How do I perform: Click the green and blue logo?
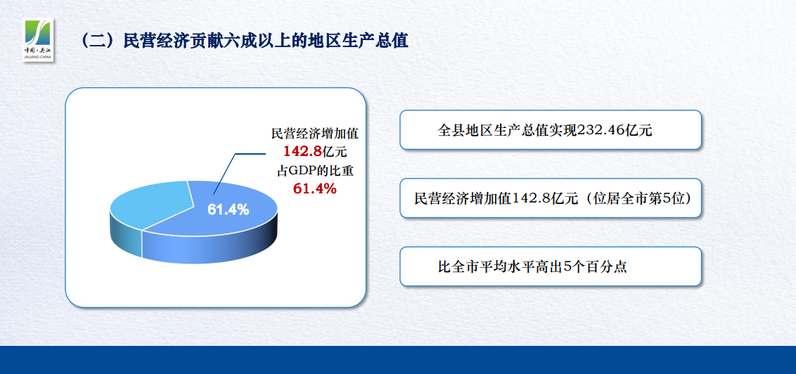(x=38, y=40)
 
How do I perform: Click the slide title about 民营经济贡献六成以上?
(x=244, y=41)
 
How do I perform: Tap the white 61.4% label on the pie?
(x=228, y=209)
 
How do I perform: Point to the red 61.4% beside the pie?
(x=315, y=189)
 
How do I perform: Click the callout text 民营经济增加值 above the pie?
(x=315, y=134)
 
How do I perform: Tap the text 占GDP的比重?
(x=315, y=171)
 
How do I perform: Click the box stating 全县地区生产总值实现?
(x=551, y=130)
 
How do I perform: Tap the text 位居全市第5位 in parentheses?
(x=642, y=198)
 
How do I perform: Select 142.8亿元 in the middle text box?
(x=544, y=198)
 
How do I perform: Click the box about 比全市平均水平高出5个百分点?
(x=551, y=266)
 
